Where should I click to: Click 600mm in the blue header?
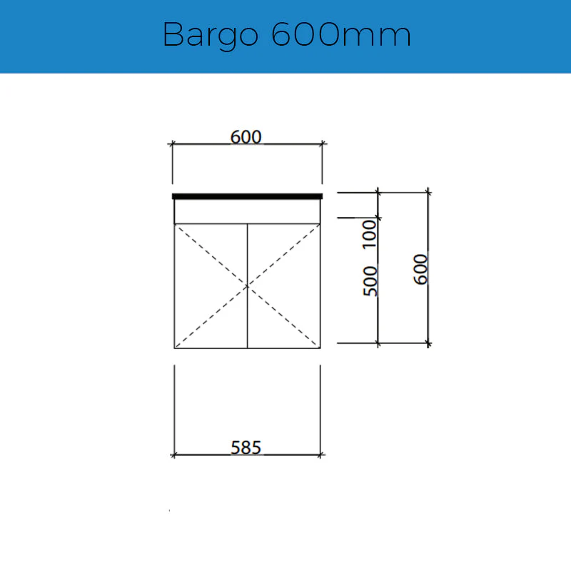point(341,34)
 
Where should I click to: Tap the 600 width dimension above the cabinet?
point(246,136)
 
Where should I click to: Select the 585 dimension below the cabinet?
point(246,448)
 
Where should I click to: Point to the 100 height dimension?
point(370,234)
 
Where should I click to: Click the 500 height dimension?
point(370,281)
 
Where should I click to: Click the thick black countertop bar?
point(247,196)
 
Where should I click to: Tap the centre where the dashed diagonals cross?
point(247,285)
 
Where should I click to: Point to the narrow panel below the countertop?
point(247,211)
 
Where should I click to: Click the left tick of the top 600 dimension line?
point(172,144)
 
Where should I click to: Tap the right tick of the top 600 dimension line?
point(322,144)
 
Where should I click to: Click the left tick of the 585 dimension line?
point(174,454)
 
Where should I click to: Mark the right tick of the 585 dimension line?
point(320,454)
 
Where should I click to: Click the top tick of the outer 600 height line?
point(428,192)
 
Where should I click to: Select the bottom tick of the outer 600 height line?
point(428,343)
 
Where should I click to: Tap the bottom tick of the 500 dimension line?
point(378,343)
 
